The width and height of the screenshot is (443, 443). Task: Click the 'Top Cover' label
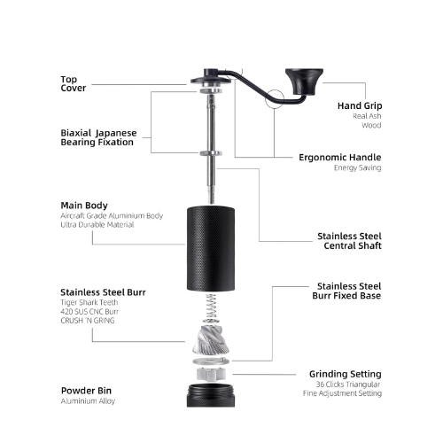point(74,83)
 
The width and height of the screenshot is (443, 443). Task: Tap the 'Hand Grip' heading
point(360,105)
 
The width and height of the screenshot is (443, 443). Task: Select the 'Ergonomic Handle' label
point(340,157)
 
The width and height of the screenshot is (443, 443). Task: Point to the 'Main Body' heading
point(84,206)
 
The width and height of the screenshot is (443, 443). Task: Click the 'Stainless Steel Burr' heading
point(103,292)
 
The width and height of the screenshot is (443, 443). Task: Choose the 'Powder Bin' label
point(86,391)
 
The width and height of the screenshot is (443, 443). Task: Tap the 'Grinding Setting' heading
point(346,374)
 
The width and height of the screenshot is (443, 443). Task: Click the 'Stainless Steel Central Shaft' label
point(349,241)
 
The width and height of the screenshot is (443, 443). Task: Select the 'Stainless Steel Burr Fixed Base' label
point(346,291)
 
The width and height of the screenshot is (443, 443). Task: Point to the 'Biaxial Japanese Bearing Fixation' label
point(98,137)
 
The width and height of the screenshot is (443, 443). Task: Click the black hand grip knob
point(304,82)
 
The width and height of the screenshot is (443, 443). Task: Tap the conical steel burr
point(211,339)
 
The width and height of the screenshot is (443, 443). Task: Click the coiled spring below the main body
point(211,308)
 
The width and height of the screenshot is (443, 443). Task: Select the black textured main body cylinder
point(211,249)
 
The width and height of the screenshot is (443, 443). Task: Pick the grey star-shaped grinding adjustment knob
point(211,374)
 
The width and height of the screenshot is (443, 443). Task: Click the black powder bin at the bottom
point(211,395)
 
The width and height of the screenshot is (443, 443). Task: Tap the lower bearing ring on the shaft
point(211,153)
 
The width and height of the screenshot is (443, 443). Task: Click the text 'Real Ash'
point(367,116)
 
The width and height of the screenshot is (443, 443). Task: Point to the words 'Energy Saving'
point(357,167)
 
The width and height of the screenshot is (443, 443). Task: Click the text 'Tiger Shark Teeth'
point(89,302)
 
